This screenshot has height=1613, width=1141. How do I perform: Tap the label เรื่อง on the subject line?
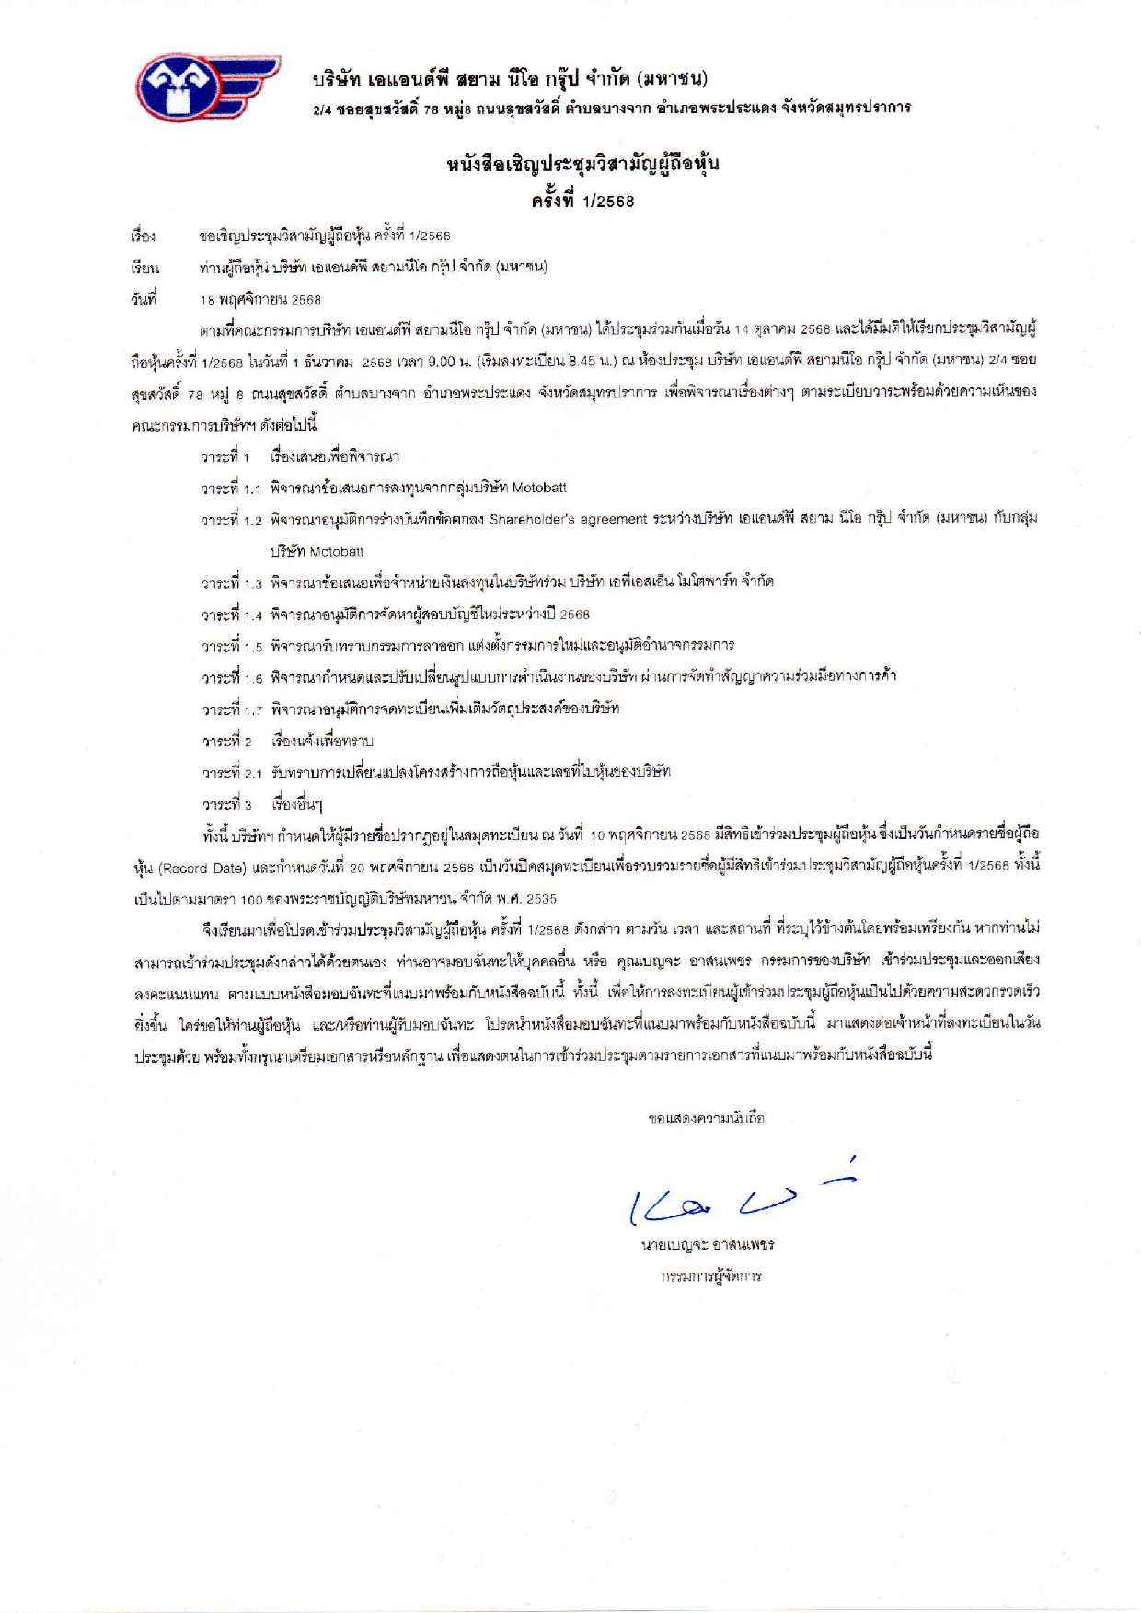pos(144,236)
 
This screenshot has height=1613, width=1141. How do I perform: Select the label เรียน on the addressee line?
pos(144,268)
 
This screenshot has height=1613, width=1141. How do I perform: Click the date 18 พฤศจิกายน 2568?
pos(260,299)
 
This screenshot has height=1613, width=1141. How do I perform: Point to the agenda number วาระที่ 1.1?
pos(232,489)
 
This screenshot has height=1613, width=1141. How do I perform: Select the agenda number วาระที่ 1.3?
pos(232,582)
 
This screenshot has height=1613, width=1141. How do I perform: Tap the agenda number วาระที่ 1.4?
pos(232,614)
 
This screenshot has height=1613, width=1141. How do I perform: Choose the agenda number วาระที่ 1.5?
pos(232,646)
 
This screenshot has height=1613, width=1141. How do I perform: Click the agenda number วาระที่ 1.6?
pos(232,677)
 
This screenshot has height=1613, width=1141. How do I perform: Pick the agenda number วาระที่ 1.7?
pos(232,709)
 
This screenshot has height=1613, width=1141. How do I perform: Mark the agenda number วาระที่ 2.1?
pos(232,773)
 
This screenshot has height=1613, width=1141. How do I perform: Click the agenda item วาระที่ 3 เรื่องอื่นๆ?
pos(262,804)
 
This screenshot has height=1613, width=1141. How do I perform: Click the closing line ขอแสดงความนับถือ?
pos(706,1119)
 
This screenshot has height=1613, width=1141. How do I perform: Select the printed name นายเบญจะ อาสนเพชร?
pos(708,1245)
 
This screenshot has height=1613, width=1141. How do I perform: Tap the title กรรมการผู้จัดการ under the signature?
pos(710,1276)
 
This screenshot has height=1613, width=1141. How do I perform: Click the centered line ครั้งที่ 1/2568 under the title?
pos(582,201)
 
